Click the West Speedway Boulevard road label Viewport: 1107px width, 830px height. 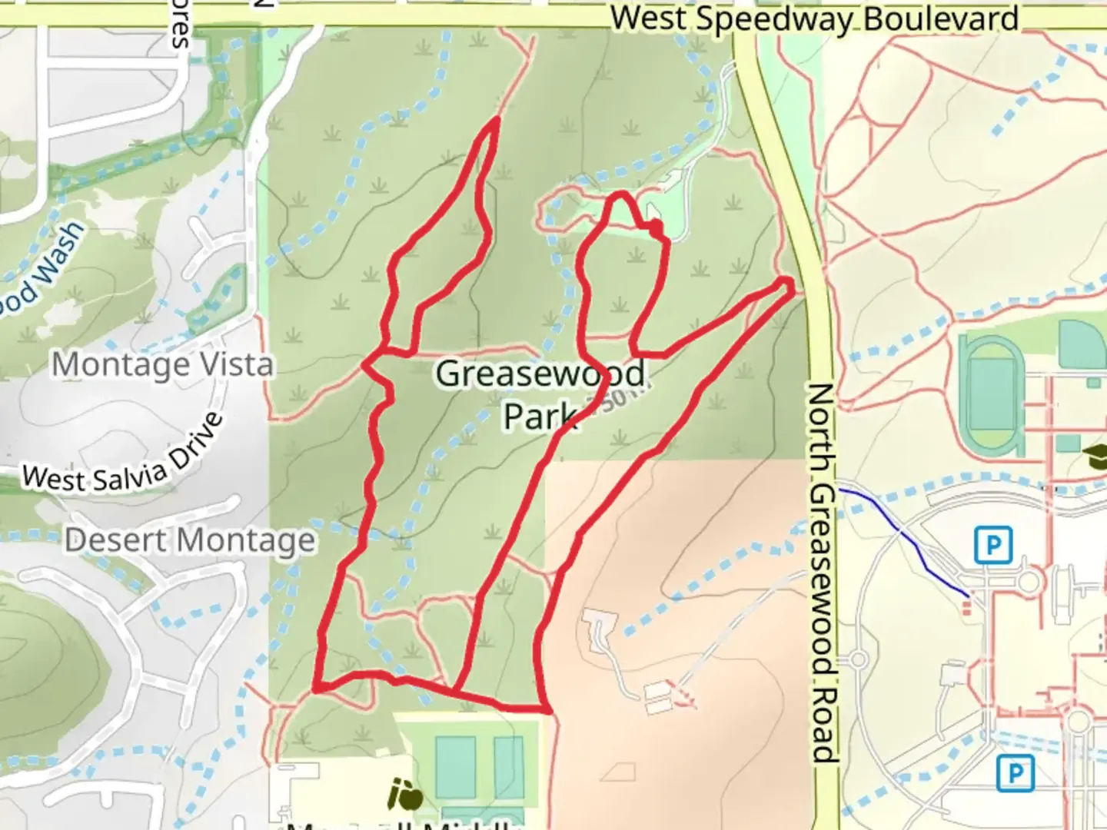pos(815,18)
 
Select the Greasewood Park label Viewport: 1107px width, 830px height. pos(541,393)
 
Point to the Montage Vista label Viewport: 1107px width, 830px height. pos(162,364)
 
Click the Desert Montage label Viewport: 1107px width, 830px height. pos(190,540)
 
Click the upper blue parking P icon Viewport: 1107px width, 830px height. pos(992,546)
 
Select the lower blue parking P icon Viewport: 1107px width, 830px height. pos(1015,772)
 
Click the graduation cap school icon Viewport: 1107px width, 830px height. pos(1094,454)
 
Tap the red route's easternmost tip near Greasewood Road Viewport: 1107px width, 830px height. pos(790,284)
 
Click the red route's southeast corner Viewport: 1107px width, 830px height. pos(547,710)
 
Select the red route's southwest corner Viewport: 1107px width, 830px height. pos(315,689)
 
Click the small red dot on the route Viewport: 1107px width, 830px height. pos(656,227)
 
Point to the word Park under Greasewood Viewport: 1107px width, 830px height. pos(540,416)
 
